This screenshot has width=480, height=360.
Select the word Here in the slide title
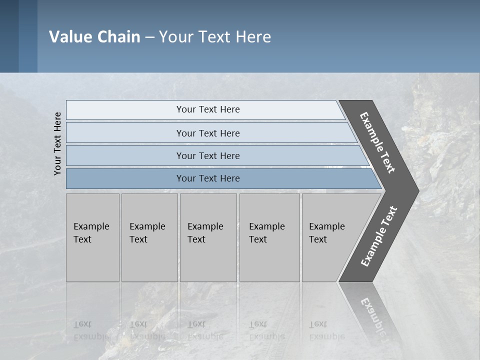tap(253, 37)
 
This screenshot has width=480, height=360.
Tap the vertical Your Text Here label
tap(57, 144)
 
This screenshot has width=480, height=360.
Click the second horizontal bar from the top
tap(208, 133)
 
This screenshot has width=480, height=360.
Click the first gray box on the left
tap(92, 237)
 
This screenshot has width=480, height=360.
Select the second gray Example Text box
tap(149, 237)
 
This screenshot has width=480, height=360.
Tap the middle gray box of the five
tap(208, 237)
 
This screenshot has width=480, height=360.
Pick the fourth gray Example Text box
tap(269, 237)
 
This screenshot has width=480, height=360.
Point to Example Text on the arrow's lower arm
tap(378, 236)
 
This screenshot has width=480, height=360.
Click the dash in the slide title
tap(149, 37)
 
